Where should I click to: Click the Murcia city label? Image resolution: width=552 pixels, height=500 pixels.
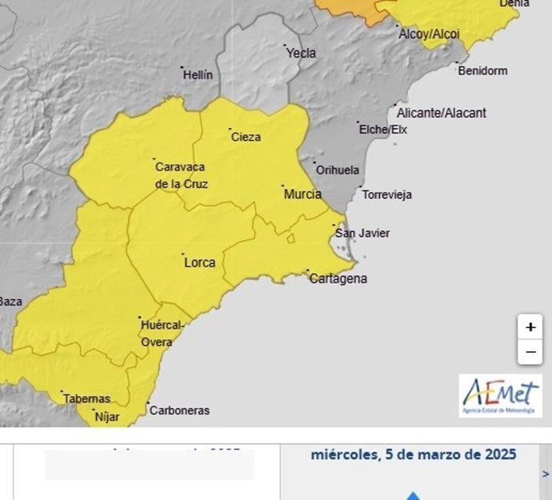(x=302, y=194)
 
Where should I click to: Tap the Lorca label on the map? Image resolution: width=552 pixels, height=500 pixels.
(x=199, y=262)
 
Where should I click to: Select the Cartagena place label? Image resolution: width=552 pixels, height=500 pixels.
(x=338, y=278)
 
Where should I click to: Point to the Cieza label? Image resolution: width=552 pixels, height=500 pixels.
(x=246, y=137)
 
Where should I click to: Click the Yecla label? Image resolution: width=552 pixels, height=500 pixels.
(x=301, y=54)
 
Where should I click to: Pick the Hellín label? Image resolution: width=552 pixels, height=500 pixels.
(x=198, y=75)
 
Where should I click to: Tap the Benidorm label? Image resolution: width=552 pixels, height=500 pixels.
(x=482, y=70)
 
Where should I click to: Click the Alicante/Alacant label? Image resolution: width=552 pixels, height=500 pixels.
(x=441, y=114)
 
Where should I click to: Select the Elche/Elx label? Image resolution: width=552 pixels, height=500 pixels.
(x=383, y=130)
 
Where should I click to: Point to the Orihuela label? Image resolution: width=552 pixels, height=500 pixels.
(x=338, y=170)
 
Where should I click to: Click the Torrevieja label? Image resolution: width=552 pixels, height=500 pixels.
(x=387, y=194)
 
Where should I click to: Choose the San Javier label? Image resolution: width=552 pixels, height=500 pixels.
(x=362, y=234)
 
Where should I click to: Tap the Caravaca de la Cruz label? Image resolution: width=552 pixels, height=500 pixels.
(x=181, y=175)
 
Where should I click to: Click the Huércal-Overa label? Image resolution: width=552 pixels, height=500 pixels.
(x=162, y=334)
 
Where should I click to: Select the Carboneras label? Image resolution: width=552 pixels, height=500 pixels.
(x=179, y=410)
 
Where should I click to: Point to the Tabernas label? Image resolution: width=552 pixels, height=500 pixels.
(x=86, y=398)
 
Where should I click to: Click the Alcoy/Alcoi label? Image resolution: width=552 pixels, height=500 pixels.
(x=429, y=34)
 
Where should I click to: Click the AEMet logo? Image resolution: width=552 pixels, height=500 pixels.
(x=500, y=395)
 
